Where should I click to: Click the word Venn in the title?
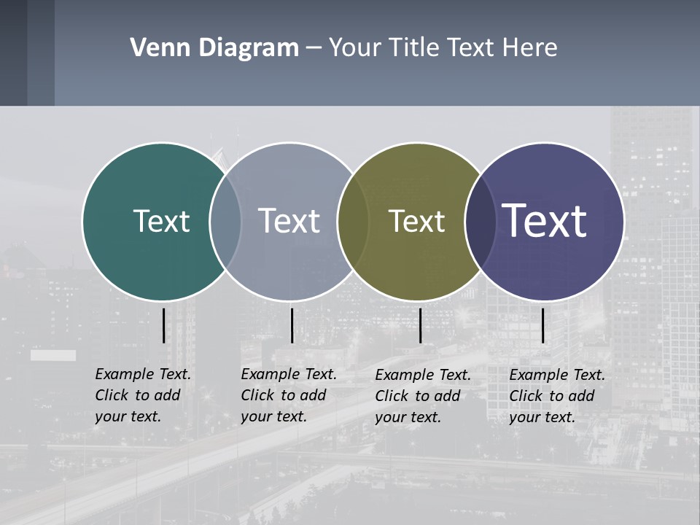(156, 48)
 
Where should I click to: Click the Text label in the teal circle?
(162, 221)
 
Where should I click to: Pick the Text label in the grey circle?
(289, 221)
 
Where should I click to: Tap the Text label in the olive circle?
(416, 221)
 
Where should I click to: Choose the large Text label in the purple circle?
(545, 220)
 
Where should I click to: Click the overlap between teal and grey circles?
(225, 222)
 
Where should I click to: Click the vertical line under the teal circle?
(163, 325)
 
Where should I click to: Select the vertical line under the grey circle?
(292, 325)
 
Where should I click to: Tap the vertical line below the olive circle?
(420, 325)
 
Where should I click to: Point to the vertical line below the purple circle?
(542, 325)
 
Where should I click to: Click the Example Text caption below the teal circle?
(143, 395)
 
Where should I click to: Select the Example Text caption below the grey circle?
(289, 395)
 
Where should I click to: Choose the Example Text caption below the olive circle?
(423, 396)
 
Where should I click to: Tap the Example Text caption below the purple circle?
(557, 396)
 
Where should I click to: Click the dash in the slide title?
(314, 48)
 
